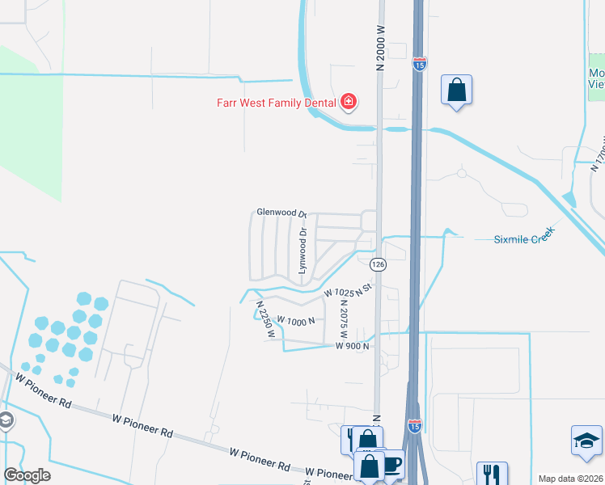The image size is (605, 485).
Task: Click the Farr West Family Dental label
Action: coord(276,103)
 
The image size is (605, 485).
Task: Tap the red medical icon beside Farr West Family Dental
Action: coord(349,102)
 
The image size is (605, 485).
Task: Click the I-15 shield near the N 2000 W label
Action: coord(419,63)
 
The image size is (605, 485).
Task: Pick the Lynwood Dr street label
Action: coord(302,251)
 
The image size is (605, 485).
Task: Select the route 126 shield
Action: coord(377,264)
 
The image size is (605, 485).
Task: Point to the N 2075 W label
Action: coord(344,319)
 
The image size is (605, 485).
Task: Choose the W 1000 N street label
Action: coord(295,320)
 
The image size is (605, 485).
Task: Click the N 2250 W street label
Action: coord(265,318)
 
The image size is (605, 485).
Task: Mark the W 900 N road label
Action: coord(352,346)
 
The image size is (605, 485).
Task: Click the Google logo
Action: coord(27,475)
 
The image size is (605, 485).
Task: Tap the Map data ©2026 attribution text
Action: coord(570,479)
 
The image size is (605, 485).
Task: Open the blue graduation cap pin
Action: coord(586,441)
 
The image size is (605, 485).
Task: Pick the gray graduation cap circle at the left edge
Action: coord(5,420)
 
